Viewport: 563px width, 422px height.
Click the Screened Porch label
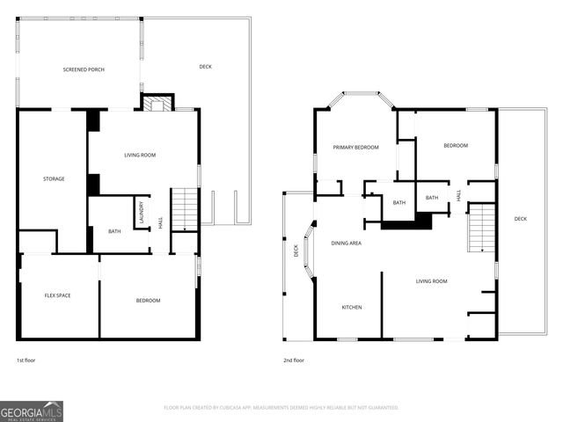point(84,69)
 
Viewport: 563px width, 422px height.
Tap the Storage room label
point(54,179)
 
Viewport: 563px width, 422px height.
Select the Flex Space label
point(57,295)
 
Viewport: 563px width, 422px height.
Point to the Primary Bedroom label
point(355,148)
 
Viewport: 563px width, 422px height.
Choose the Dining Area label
point(346,243)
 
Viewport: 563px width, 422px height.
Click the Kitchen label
point(352,307)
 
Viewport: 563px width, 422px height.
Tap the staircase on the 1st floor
point(185,208)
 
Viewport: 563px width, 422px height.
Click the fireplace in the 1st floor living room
point(158,104)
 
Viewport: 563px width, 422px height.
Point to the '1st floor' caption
point(26,360)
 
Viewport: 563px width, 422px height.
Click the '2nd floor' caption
point(294,360)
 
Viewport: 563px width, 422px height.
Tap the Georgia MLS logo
point(32,411)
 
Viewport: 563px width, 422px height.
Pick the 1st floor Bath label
point(114,231)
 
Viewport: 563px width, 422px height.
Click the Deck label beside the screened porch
point(205,67)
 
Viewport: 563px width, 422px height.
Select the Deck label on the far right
point(521,219)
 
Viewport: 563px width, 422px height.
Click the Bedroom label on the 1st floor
point(148,301)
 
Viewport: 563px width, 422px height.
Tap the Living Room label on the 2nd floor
point(432,281)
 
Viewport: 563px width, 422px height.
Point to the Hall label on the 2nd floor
point(458,195)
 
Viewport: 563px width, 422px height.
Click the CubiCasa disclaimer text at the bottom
point(281,408)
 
